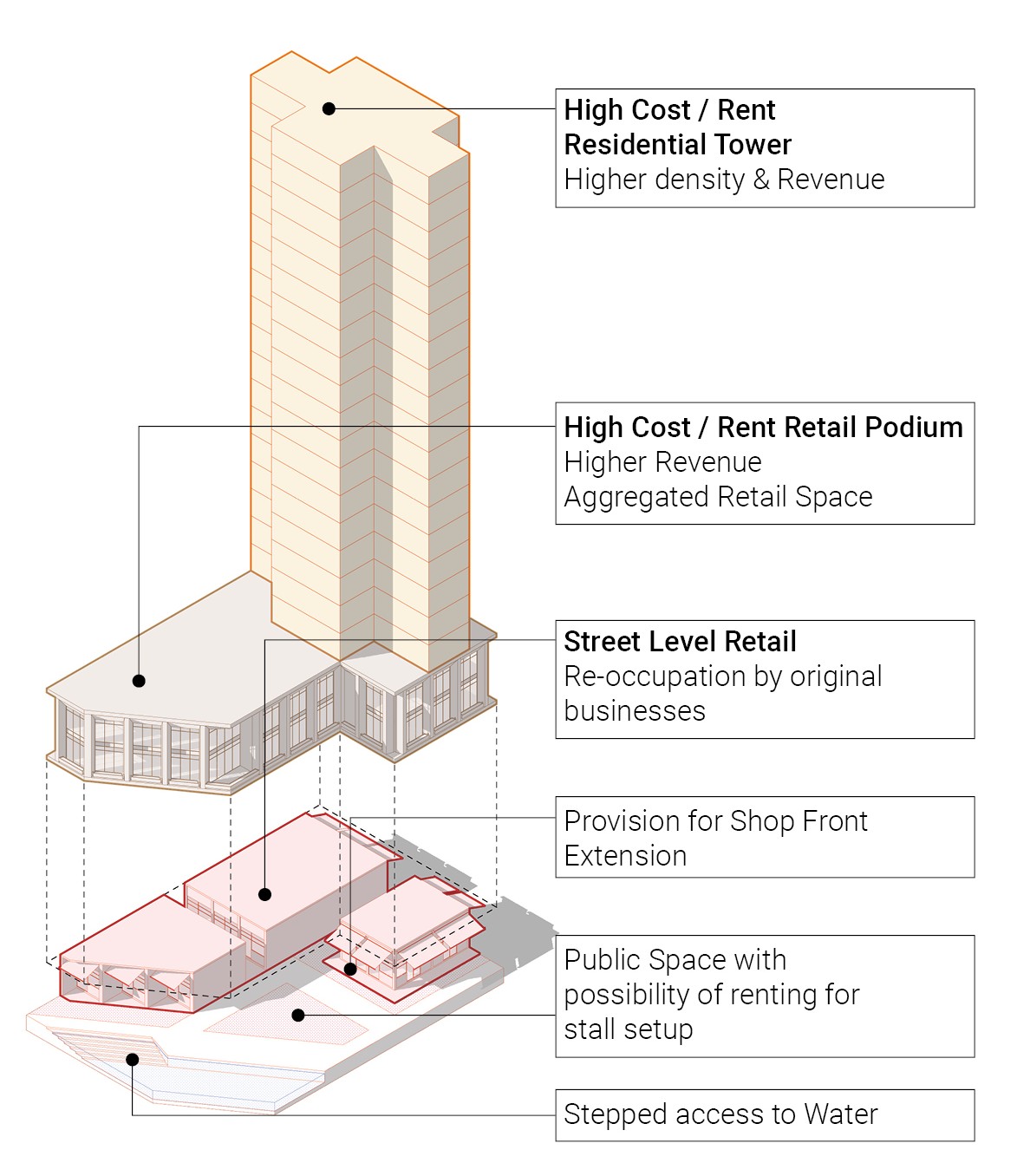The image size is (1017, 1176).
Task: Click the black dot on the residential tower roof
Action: [329, 108]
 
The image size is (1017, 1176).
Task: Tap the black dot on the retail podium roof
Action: [139, 681]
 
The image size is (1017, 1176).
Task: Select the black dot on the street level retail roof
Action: [265, 894]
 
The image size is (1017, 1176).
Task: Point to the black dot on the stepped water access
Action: [133, 1059]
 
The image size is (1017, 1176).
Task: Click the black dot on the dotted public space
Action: [298, 1015]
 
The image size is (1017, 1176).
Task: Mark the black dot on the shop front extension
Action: [350, 969]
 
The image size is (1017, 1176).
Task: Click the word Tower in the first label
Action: [750, 144]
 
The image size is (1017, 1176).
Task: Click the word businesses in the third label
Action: [635, 711]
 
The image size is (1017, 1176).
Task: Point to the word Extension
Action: [625, 856]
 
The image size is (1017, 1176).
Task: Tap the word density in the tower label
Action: [701, 180]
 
